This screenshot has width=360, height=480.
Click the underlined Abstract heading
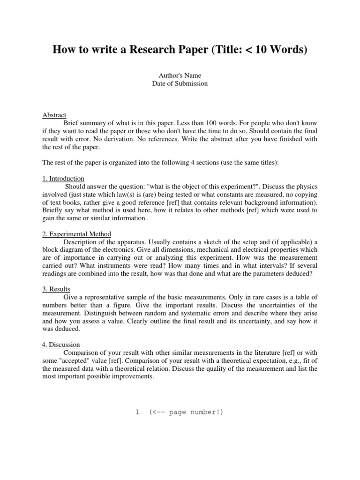click(x=54, y=115)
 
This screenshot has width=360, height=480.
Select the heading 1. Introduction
click(x=63, y=179)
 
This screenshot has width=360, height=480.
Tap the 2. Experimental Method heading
click(x=76, y=234)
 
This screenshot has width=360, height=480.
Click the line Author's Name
click(x=180, y=75)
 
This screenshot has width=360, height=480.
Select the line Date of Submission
click(x=180, y=83)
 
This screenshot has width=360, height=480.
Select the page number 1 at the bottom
click(x=137, y=412)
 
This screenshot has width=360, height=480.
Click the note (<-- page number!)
click(x=186, y=412)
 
